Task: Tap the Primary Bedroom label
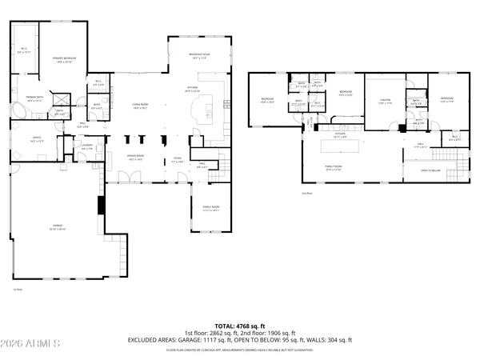coord(64,59)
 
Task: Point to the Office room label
coord(37,139)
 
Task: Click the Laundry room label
coord(87,146)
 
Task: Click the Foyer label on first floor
coord(178,160)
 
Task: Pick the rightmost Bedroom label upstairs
coord(446,101)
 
